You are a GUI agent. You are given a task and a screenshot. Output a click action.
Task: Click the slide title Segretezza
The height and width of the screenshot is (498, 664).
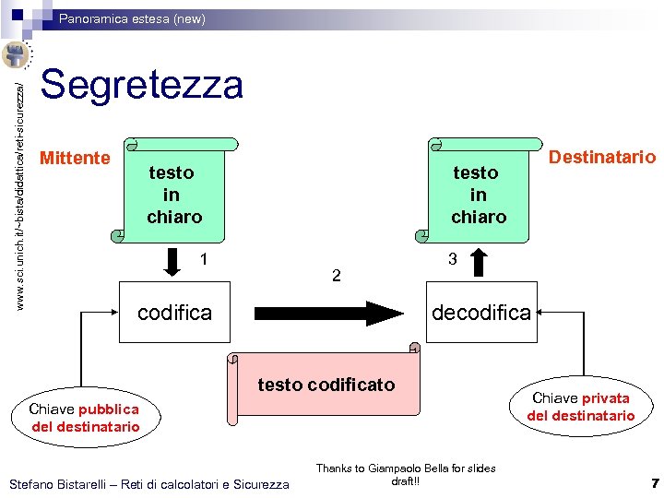click(142, 85)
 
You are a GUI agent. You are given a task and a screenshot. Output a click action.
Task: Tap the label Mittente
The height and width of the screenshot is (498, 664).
click(75, 158)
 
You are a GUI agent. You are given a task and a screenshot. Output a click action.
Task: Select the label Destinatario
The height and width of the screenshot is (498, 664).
click(602, 157)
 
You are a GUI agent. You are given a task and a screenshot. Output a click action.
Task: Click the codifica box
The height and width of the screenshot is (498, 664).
click(174, 313)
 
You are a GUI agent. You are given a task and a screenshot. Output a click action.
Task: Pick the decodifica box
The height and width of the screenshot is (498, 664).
click(481, 313)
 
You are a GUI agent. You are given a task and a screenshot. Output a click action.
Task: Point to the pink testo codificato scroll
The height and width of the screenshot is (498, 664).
click(325, 385)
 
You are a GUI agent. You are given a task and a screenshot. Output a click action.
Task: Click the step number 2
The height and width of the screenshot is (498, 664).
click(337, 275)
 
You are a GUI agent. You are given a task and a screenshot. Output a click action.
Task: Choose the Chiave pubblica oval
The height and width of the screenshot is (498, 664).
click(84, 418)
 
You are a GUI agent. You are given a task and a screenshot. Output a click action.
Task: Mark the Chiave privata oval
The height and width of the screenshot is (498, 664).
click(580, 407)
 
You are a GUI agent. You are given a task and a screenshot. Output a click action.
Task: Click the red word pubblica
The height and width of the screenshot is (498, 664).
click(109, 409)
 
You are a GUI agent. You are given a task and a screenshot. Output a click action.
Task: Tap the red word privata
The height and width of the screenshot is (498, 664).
click(605, 398)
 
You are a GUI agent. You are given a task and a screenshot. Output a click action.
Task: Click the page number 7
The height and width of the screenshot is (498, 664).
click(654, 483)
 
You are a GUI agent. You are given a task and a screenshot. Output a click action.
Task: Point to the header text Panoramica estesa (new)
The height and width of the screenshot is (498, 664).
click(133, 18)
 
